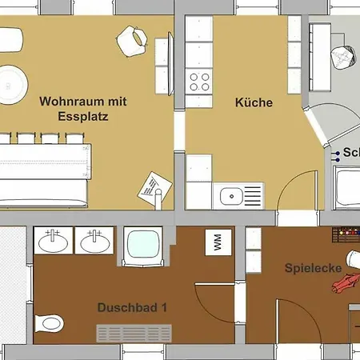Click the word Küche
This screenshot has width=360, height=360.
point(254,102)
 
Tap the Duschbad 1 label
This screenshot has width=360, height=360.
point(133,306)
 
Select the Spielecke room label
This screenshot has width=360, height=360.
point(314,269)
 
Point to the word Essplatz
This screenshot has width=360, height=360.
point(83,115)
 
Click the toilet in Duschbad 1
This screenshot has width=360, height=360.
point(51,324)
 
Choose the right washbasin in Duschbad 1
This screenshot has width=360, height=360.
point(95,240)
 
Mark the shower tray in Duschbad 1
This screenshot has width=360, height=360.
point(143,245)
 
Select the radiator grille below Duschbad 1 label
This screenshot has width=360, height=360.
point(134,333)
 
